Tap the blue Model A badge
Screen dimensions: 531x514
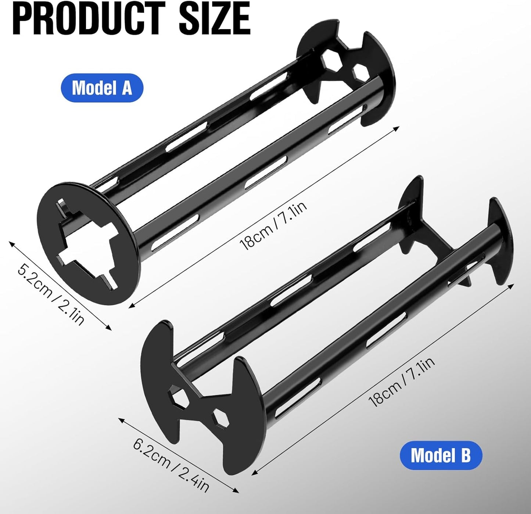coord(102,88)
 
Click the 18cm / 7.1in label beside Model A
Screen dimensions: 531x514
coord(273,225)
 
